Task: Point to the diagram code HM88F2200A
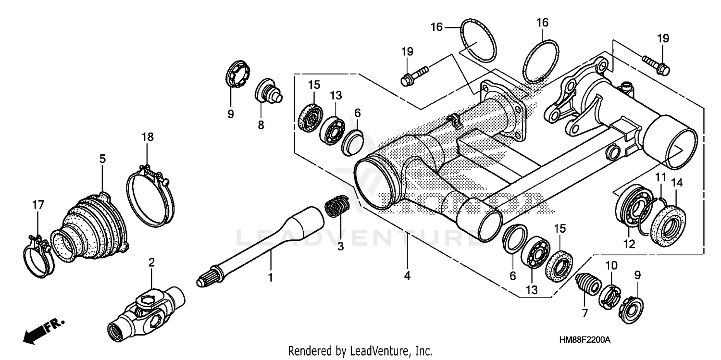pyautogui.click(x=584, y=340)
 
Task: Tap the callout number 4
pyautogui.click(x=407, y=276)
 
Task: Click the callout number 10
pyautogui.click(x=610, y=265)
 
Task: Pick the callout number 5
pyautogui.click(x=102, y=158)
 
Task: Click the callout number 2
pyautogui.click(x=151, y=262)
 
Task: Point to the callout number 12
pyautogui.click(x=629, y=245)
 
